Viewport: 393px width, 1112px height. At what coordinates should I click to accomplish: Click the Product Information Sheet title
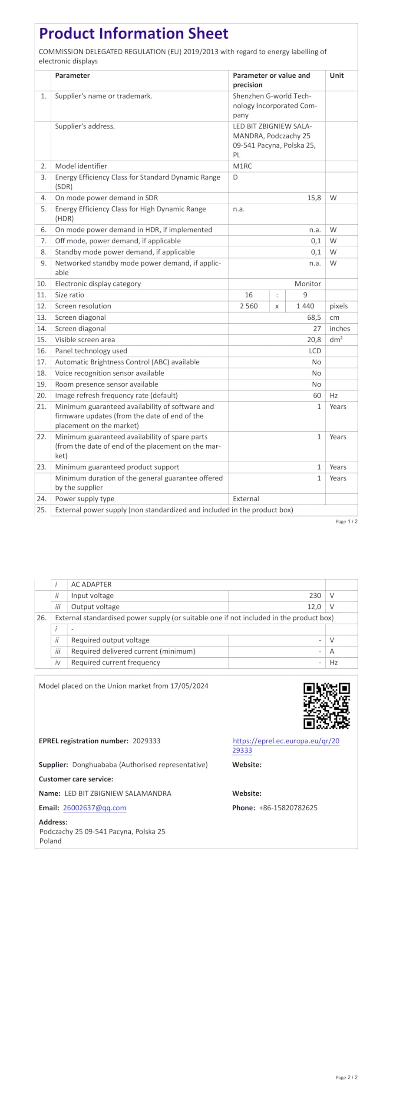click(x=133, y=33)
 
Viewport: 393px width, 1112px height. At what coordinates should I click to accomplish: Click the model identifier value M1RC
click(x=242, y=166)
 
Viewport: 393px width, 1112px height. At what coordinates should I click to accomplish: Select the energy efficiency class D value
click(x=235, y=177)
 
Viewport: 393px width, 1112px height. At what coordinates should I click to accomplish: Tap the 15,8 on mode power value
click(x=314, y=198)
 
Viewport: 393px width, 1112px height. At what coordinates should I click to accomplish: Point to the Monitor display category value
click(x=307, y=284)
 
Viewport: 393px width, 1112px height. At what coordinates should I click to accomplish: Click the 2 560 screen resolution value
click(x=248, y=306)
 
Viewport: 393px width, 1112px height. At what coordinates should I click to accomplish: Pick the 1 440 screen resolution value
click(x=305, y=306)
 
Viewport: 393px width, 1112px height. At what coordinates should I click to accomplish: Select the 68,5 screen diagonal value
click(x=314, y=318)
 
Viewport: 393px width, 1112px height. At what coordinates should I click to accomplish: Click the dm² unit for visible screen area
click(x=336, y=340)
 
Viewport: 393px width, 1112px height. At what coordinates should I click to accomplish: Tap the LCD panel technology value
click(x=314, y=351)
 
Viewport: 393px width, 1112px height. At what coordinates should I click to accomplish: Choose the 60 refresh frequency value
click(x=317, y=395)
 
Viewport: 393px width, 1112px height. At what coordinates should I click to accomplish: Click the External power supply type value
click(x=246, y=499)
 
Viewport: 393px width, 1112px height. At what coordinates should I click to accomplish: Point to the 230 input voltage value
click(x=315, y=596)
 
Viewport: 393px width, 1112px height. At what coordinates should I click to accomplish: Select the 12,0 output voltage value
click(x=314, y=607)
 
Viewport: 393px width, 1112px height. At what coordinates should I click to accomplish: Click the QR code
click(x=326, y=706)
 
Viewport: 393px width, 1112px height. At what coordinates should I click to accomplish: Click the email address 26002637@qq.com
click(x=94, y=808)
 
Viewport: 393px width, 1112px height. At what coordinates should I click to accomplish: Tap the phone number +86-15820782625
click(x=288, y=808)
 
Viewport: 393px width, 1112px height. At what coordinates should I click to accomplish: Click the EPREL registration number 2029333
click(x=146, y=741)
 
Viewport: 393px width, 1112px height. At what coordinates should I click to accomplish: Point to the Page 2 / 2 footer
click(x=346, y=1077)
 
